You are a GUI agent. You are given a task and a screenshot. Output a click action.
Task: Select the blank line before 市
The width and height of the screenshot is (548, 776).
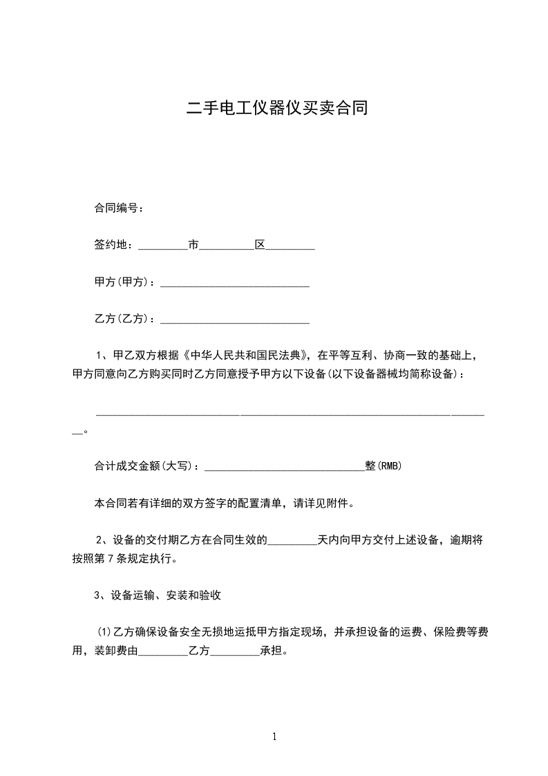pyautogui.click(x=163, y=247)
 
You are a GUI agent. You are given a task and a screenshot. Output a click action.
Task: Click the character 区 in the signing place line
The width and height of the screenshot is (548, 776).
pyautogui.click(x=261, y=245)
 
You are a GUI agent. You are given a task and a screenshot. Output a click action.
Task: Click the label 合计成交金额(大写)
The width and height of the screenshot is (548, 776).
pyautogui.click(x=145, y=466)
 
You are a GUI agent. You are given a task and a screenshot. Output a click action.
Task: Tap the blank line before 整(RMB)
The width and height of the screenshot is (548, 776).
pyautogui.click(x=285, y=469)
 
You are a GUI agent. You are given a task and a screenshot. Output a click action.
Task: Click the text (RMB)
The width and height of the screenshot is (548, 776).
pyautogui.click(x=388, y=466)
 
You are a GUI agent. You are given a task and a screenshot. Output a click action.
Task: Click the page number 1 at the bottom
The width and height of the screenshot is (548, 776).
pyautogui.click(x=274, y=737)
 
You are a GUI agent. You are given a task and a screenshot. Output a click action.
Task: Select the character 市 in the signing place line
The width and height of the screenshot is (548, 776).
pyautogui.click(x=193, y=245)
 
